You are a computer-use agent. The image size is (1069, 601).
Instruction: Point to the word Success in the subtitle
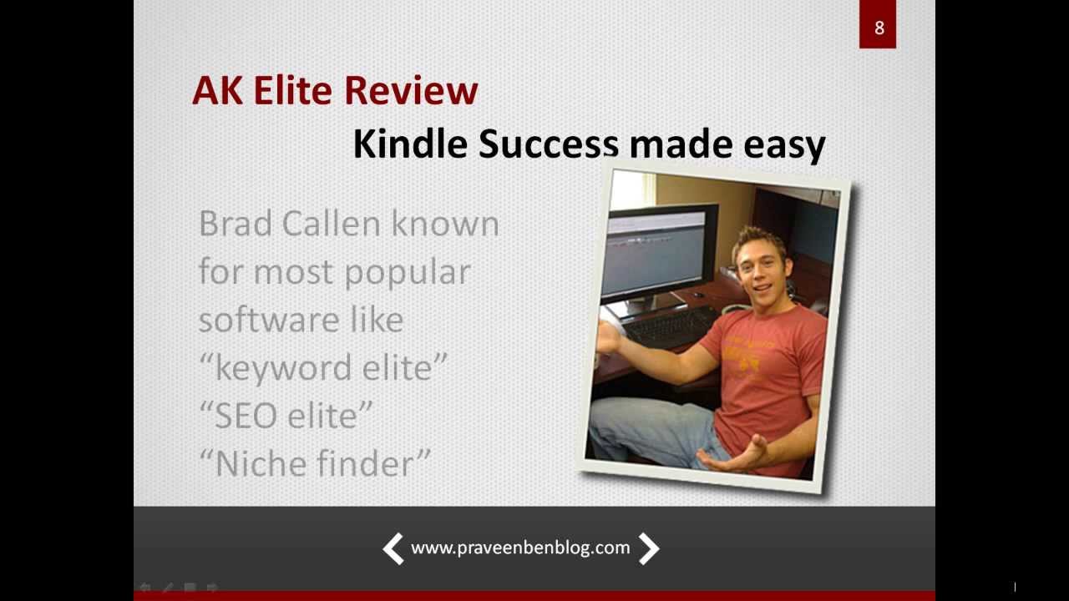pos(547,144)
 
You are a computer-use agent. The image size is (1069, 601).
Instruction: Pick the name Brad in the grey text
pos(235,224)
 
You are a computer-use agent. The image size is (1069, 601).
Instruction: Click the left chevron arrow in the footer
pos(393,548)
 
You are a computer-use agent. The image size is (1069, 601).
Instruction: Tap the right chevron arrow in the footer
pos(649,548)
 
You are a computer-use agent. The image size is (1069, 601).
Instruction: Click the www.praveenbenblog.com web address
pos(520,548)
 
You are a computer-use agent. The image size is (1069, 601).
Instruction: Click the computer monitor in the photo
pos(661,250)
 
